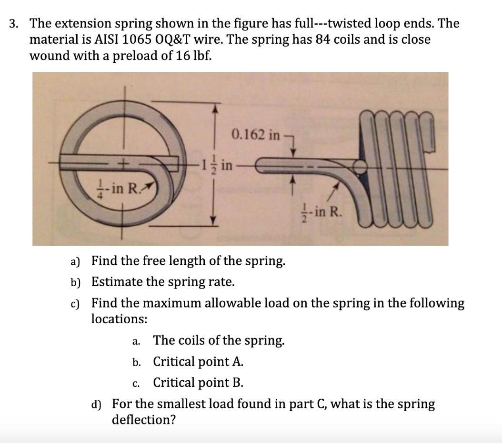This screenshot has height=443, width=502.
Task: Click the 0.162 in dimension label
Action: (256, 135)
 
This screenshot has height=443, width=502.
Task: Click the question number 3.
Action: (15, 23)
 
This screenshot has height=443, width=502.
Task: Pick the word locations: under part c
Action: (119, 318)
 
